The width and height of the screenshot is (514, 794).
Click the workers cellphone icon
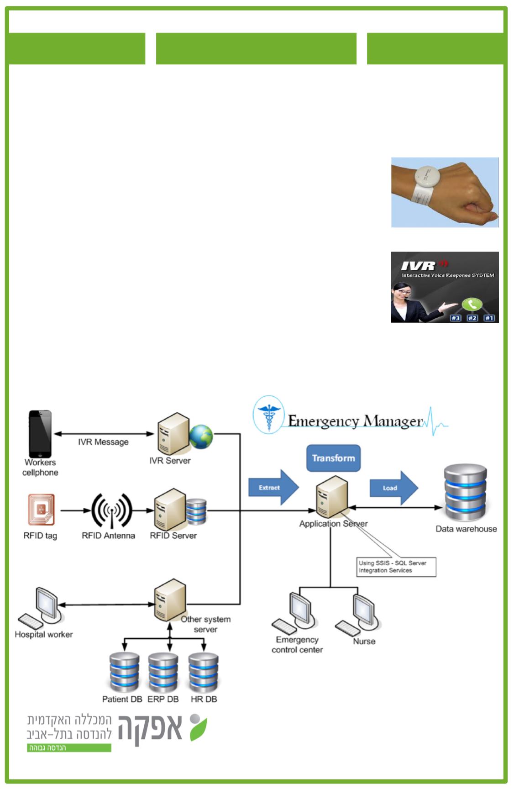(40, 433)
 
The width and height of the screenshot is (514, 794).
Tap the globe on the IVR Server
(201, 436)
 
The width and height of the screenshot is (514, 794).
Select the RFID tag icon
(41, 510)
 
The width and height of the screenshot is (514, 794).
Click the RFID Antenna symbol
(112, 510)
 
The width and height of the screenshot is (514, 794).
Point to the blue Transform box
(333, 458)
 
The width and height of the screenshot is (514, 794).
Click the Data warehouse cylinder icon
(466, 493)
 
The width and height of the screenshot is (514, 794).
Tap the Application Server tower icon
(332, 497)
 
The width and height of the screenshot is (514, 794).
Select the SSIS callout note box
(396, 567)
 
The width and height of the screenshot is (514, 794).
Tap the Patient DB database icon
(124, 673)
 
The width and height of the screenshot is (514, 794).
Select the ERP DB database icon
(163, 673)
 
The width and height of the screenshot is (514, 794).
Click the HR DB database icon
(204, 673)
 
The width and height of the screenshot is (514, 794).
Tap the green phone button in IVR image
(472, 304)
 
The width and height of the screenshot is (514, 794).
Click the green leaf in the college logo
(199, 728)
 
